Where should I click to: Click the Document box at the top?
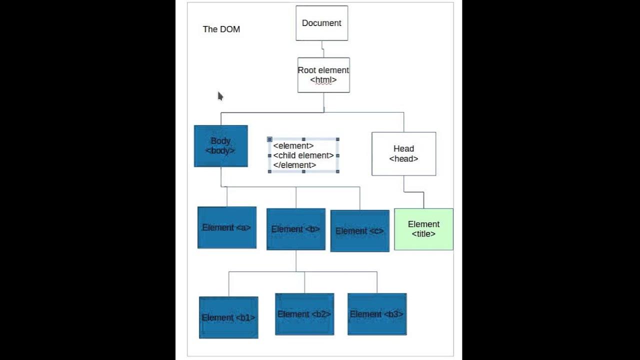point(321,23)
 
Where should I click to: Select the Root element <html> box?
point(323,75)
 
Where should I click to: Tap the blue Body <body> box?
point(220,146)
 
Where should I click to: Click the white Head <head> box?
point(403,153)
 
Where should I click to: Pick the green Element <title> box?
point(423,229)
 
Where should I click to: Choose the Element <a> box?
point(226,227)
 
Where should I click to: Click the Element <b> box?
point(295,229)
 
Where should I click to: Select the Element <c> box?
point(359,231)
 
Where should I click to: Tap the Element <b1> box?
point(228,317)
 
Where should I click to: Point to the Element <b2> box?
point(304,314)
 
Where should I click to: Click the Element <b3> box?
point(376,314)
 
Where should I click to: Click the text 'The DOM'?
point(221,29)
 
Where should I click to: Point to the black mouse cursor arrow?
point(220,96)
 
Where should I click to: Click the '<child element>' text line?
point(303,155)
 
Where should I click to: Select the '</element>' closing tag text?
point(294,165)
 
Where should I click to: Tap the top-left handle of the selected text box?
point(270,139)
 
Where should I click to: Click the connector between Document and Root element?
point(323,49)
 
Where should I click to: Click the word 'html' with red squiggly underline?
point(323,80)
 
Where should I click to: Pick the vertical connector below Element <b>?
point(296,260)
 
